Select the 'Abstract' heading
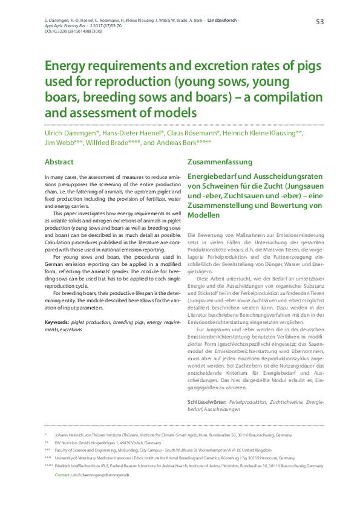(59, 162)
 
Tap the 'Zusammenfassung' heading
(217, 162)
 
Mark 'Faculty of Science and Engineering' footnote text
(87, 450)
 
